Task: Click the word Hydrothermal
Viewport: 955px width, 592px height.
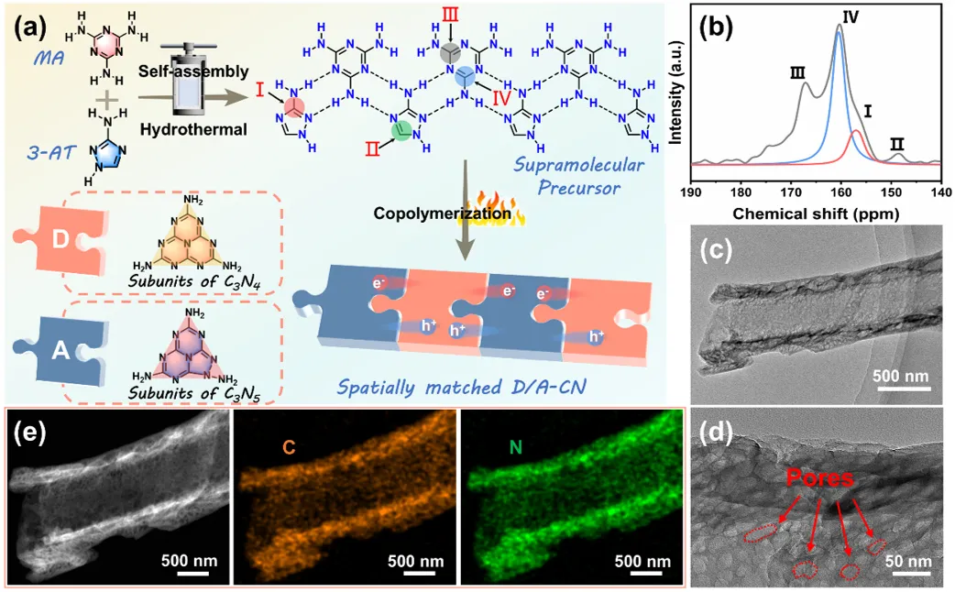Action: [193, 129]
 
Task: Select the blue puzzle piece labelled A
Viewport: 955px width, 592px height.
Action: [58, 348]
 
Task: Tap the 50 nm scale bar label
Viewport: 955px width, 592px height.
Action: [912, 561]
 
